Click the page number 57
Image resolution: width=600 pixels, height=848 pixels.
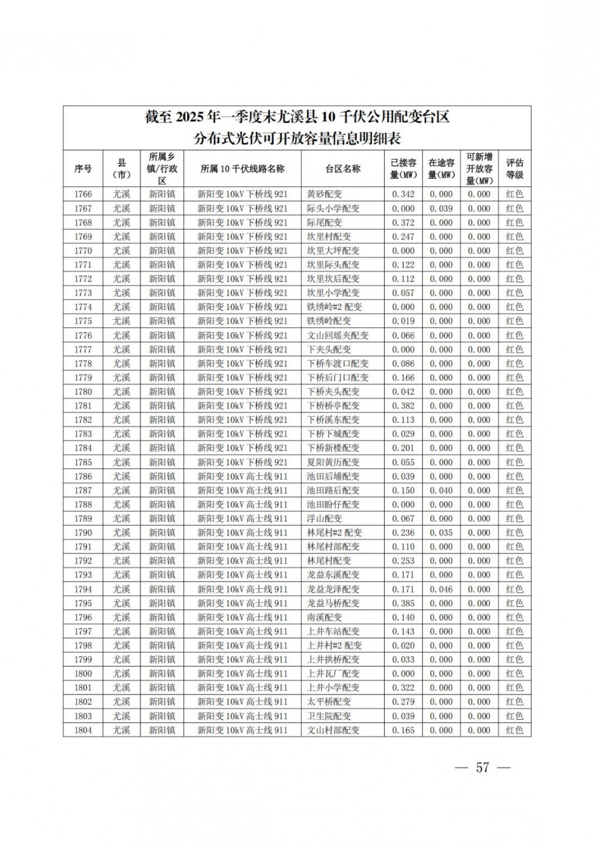coord(482,768)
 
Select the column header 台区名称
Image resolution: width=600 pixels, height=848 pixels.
coord(343,169)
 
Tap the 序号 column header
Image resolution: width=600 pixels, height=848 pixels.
coord(83,169)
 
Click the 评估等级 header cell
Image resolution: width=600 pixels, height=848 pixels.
coord(514,169)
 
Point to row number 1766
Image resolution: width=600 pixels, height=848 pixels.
coord(83,194)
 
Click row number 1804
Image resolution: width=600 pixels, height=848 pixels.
coord(83,730)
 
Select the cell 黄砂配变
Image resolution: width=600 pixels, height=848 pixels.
coord(325,194)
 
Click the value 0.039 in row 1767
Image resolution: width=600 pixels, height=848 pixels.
coord(441,209)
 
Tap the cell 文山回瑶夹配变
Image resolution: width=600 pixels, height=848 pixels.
coord(338,335)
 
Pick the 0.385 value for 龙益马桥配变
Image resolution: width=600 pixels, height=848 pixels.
coord(403,603)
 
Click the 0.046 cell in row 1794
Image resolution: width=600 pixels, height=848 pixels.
coord(441,589)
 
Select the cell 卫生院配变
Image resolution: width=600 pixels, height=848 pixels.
coord(329,716)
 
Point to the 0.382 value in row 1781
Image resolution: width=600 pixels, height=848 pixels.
coord(403,406)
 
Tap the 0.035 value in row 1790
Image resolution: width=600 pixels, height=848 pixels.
coord(441,533)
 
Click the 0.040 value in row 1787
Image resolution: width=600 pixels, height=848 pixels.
coord(441,491)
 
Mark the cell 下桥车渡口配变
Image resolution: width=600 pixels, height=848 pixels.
coord(338,363)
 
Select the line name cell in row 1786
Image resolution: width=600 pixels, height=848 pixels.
coord(242,476)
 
